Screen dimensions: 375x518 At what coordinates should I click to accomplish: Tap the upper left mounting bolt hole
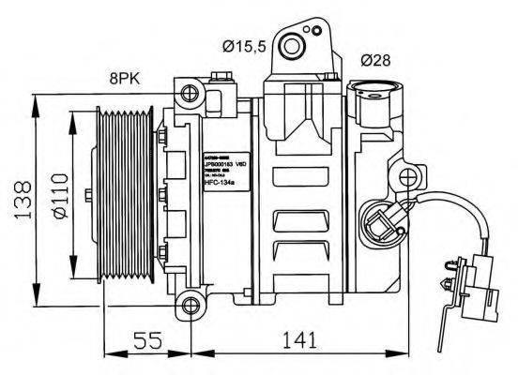click(x=191, y=92)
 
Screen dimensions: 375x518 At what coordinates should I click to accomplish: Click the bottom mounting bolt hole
click(x=191, y=303)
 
